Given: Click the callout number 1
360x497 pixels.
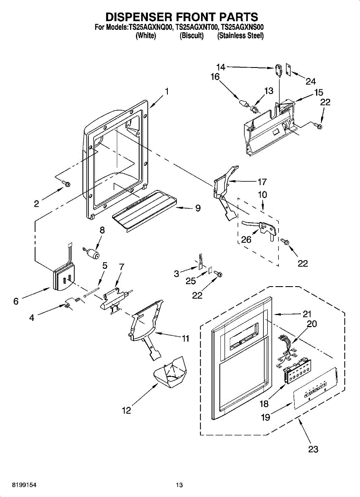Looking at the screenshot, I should coord(167,92).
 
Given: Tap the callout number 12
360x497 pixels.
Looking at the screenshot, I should coord(126,410).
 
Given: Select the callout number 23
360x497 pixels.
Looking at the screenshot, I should coord(313,449).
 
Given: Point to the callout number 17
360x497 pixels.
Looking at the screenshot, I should coord(262,181).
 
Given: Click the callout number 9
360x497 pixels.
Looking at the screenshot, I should coord(198,208).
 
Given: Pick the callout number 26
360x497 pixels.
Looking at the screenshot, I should coord(246,239).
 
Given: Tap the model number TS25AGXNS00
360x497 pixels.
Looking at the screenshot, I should coord(242,27).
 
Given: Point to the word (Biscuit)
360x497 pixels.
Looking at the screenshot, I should coord(191,36).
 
